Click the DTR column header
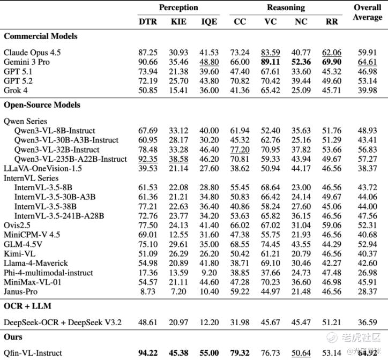pos(147,21)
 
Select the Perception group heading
pos(178,8)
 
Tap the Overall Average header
pos(367,13)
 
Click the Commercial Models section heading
pos(41,36)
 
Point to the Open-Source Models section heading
pos(42,105)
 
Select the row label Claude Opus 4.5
pos(34,52)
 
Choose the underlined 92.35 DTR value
pos(147,159)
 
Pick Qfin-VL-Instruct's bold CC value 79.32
pos(240,352)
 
